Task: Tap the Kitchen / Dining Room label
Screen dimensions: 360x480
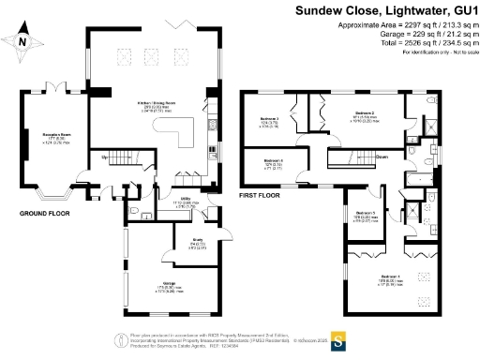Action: tap(143, 105)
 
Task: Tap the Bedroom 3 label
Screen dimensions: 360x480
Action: tap(271, 119)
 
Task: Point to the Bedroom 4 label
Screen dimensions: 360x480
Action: tap(274, 162)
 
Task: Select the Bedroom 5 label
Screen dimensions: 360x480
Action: tap(367, 214)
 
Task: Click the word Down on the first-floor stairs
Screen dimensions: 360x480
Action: tap(382, 157)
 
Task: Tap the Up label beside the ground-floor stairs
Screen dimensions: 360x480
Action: tap(105, 157)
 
